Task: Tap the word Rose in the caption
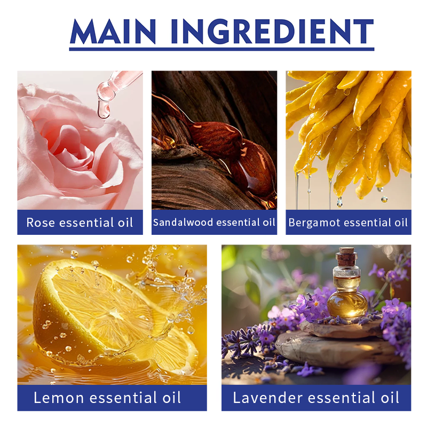[x=41, y=222]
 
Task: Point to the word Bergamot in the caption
[x=310, y=222]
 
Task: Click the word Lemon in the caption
[x=59, y=398]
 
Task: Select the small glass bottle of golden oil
[x=346, y=291]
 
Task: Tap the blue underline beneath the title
[x=222, y=49]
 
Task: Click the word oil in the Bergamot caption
[x=399, y=222]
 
